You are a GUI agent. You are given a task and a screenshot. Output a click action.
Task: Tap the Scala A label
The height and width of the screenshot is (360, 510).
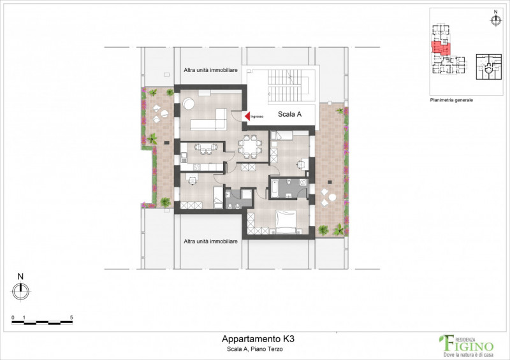point(289,115)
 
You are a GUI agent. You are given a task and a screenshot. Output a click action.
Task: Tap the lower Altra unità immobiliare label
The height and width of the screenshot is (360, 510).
point(211,241)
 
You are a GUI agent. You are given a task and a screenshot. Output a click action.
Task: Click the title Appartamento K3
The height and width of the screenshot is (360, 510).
point(254,339)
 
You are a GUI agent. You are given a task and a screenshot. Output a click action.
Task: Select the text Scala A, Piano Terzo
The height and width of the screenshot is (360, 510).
point(254,349)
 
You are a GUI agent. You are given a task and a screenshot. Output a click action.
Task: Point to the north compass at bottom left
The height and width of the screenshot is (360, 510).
point(20,291)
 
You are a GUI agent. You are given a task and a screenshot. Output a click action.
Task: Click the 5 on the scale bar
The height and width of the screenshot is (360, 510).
point(71,317)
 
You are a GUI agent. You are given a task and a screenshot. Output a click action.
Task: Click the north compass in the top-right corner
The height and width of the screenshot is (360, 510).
point(496,20)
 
